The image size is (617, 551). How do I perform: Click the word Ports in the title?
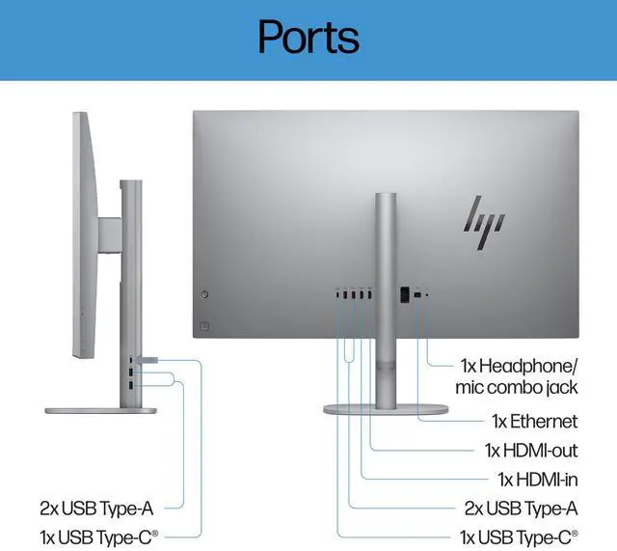click(x=308, y=37)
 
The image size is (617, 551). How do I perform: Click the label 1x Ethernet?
click(x=534, y=422)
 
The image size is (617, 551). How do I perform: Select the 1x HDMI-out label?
click(x=530, y=451)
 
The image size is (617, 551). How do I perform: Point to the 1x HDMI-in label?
click(x=537, y=479)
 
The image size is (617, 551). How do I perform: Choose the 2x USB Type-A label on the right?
click(x=520, y=508)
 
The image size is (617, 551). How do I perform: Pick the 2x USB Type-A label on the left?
click(x=96, y=507)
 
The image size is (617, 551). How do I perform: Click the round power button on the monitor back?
click(x=203, y=293)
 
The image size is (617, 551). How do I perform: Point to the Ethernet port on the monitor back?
click(x=417, y=293)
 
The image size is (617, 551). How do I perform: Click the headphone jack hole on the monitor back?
click(x=428, y=293)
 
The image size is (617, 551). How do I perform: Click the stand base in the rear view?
click(x=386, y=409)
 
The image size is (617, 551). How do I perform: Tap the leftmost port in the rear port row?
click(x=338, y=293)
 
